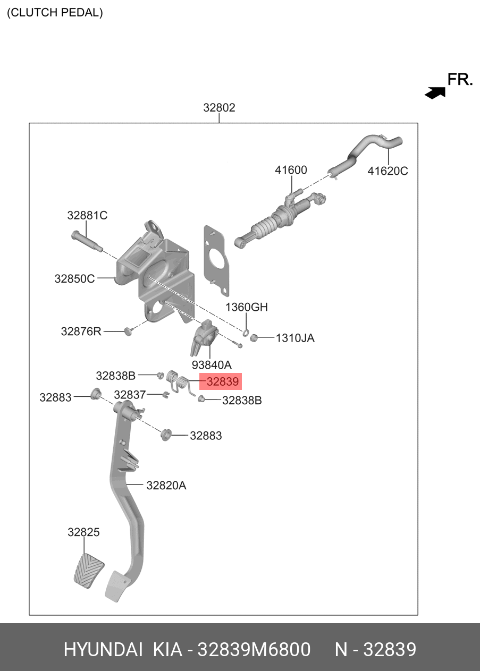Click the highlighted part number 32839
point(222,381)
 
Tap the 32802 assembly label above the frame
point(219,107)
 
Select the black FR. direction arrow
point(435,92)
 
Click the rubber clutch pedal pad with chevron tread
point(89,571)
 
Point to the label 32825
point(83,532)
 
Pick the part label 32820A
point(166,486)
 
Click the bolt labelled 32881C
point(87,241)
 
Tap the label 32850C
point(74,279)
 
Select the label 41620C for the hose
point(388,171)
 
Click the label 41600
point(291,170)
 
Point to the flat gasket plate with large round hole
point(216,261)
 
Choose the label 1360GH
point(246,307)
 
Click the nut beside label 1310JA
point(254,337)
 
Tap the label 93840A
point(212,365)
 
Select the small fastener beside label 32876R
point(128,332)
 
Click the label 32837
point(130,395)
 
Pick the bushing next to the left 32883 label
point(96,393)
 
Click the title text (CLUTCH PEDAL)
point(55,13)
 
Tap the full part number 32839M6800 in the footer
point(254,650)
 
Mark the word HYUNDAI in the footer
point(103,650)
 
